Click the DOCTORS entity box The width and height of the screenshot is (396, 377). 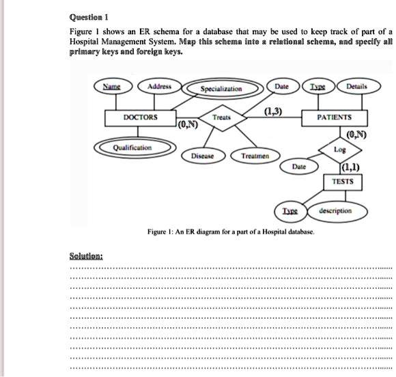pyautogui.click(x=141, y=117)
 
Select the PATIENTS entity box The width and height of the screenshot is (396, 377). pyautogui.click(x=335, y=117)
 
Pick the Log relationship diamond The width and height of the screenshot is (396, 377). pyautogui.click(x=340, y=148)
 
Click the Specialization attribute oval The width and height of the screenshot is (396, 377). pyautogui.click(x=221, y=88)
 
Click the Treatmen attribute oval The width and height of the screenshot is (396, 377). pyautogui.click(x=255, y=156)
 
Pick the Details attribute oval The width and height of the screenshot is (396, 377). pyautogui.click(x=357, y=87)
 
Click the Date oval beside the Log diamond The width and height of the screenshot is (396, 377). pyautogui.click(x=299, y=166)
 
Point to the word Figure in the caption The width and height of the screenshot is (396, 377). pyautogui.click(x=158, y=232)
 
